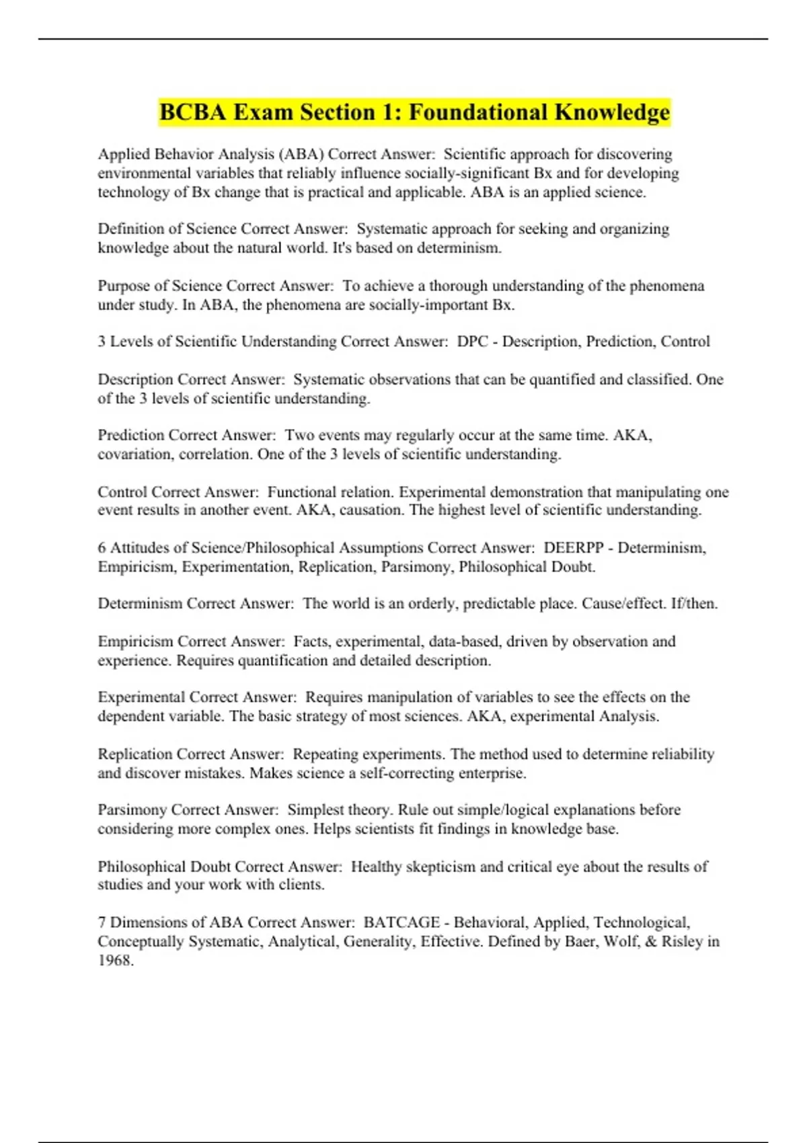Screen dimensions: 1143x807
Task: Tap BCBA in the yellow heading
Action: point(192,112)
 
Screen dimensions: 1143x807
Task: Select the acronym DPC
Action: point(472,342)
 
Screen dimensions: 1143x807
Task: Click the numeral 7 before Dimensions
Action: point(102,922)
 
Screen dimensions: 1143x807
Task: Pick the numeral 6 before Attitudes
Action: point(102,548)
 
